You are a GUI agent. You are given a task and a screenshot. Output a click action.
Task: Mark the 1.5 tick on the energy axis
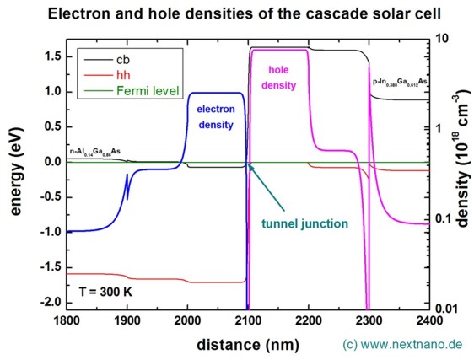(50, 56)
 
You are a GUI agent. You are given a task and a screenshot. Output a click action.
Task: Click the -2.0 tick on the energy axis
(47, 302)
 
